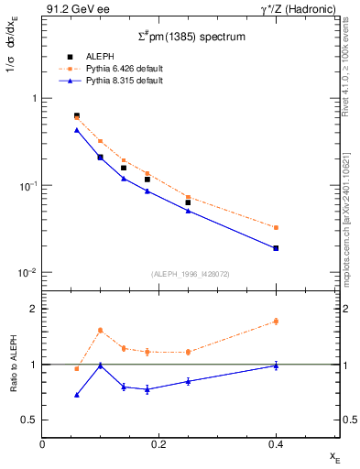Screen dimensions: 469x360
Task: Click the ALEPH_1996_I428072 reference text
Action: point(191,274)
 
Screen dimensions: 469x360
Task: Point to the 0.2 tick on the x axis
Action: point(159,443)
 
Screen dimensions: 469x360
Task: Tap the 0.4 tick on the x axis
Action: point(276,443)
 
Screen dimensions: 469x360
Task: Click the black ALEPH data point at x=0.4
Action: point(276,248)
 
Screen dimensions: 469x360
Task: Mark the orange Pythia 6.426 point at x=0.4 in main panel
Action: point(276,227)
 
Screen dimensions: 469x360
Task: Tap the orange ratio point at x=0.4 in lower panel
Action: point(276,322)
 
